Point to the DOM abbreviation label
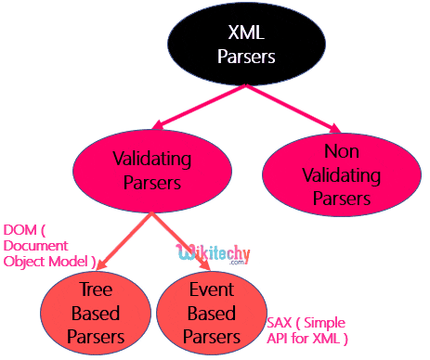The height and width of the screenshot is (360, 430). coord(19,229)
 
